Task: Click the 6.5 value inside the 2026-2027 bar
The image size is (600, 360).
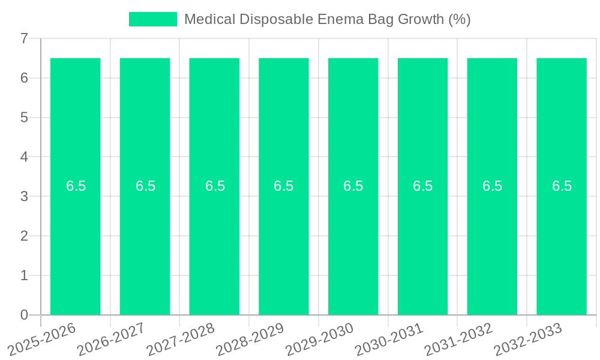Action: [145, 186]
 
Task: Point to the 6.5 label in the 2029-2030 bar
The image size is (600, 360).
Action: [353, 186]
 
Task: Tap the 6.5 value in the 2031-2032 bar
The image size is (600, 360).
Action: [492, 186]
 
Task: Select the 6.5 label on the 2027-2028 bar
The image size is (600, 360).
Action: [215, 186]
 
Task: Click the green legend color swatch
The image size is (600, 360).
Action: [153, 19]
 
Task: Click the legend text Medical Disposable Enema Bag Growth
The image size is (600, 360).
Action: [327, 19]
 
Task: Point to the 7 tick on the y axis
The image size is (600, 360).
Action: [24, 38]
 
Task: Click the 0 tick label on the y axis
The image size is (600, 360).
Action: [24, 315]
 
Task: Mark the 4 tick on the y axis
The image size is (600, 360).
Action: [24, 157]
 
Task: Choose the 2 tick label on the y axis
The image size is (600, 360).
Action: [24, 236]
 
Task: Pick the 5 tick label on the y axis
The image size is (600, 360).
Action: [24, 118]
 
